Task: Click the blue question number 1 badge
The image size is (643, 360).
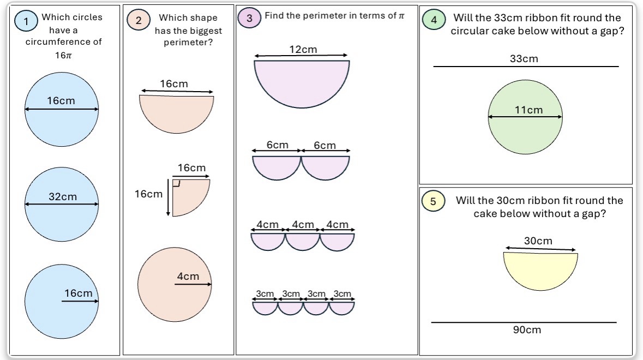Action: pyautogui.click(x=26, y=21)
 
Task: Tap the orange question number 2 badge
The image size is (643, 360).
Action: pyautogui.click(x=138, y=20)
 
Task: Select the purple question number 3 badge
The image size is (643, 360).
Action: pyautogui.click(x=249, y=18)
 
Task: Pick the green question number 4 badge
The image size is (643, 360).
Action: pyautogui.click(x=434, y=20)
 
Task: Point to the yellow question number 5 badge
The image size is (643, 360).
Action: pyautogui.click(x=433, y=201)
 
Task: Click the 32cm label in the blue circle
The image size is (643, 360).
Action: pyautogui.click(x=63, y=197)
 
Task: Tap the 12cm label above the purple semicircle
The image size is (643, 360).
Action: pyautogui.click(x=303, y=50)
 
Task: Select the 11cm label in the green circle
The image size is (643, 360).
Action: pyautogui.click(x=528, y=110)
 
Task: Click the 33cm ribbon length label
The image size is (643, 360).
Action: pyautogui.click(x=524, y=58)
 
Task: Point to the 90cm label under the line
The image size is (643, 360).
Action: pyautogui.click(x=527, y=329)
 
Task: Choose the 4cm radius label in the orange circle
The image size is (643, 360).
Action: pyautogui.click(x=188, y=277)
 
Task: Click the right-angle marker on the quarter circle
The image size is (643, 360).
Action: pyautogui.click(x=177, y=183)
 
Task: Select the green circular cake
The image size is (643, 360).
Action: pyautogui.click(x=525, y=117)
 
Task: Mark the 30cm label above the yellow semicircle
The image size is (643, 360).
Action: pyautogui.click(x=538, y=241)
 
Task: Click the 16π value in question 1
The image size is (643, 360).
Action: pyautogui.click(x=64, y=55)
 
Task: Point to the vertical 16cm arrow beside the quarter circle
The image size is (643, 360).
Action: pyautogui.click(x=168, y=197)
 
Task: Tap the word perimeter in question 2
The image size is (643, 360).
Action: pyautogui.click(x=188, y=43)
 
